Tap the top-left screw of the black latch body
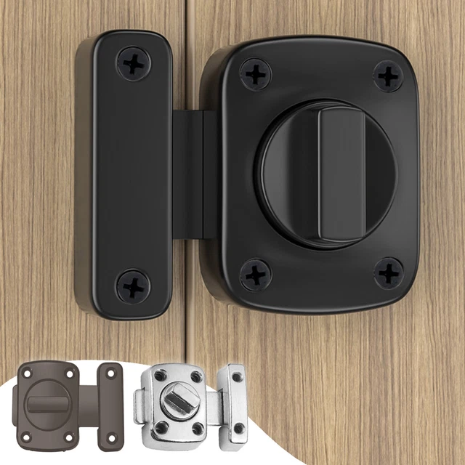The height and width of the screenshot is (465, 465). [256, 74]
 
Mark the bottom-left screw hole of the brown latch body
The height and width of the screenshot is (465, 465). [28, 437]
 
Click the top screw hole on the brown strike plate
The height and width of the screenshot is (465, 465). [110, 373]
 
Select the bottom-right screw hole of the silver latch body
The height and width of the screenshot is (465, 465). [197, 428]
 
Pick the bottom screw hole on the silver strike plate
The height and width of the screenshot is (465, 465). [238, 429]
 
